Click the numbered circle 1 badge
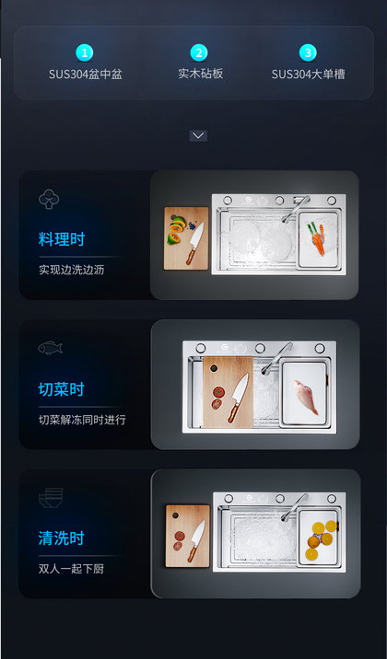pos(85,53)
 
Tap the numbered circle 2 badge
pos(198,52)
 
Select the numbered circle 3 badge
pos(308,52)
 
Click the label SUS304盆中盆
pos(86,75)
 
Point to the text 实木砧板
pos(200,74)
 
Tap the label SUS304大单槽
pos(308,75)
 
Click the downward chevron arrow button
pos(198,135)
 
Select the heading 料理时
pos(62,239)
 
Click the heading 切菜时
pos(62,389)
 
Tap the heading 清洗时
pos(62,538)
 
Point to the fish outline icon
pos(50,348)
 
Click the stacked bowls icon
pos(51,498)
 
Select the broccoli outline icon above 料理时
pos(49,199)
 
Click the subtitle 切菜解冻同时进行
pos(82,420)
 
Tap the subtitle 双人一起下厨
pos(71,569)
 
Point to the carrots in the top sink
pos(317,238)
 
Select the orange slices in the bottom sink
pos(322,539)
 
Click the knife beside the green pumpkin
pos(195,243)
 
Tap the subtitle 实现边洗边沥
pos(71,270)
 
